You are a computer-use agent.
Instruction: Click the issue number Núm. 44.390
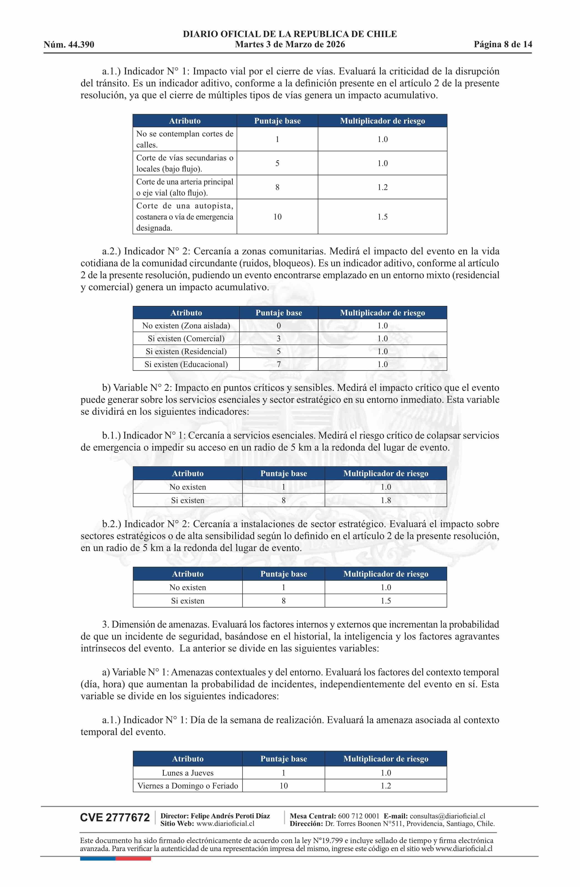coord(69,45)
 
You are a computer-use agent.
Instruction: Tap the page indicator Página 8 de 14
coord(503,44)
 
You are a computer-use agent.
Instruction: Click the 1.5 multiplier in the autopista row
coord(382,217)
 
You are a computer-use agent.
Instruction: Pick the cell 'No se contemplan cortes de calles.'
coord(184,139)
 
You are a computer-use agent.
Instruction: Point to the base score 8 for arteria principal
coord(277,187)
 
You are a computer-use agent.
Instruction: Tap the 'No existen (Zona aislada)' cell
coord(186,326)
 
